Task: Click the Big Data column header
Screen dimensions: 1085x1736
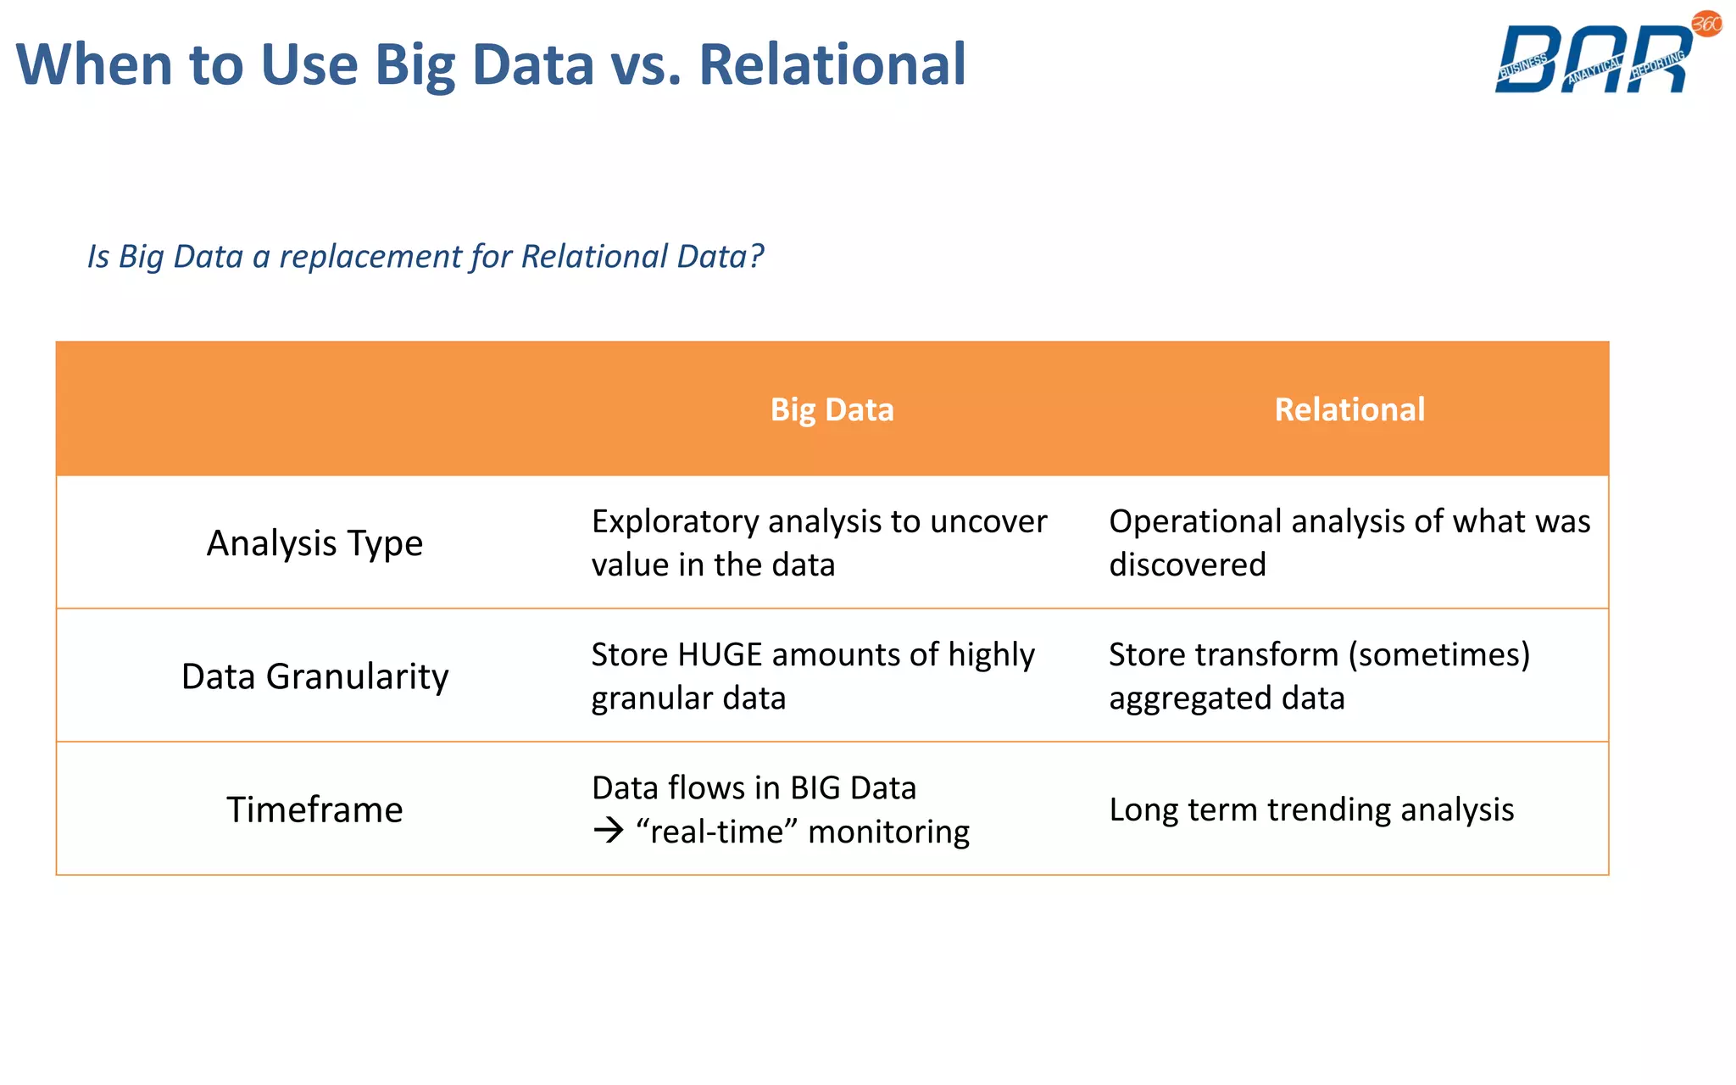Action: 832,409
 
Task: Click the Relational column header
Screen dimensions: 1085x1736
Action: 1349,409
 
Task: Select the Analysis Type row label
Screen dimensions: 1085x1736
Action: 314,543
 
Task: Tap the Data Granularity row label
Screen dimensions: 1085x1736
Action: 314,676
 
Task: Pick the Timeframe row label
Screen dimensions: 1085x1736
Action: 314,810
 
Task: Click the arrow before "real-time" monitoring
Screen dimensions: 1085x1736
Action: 608,831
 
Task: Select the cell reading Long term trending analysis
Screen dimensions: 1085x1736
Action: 1311,810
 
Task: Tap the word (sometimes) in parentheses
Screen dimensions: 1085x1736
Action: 1438,655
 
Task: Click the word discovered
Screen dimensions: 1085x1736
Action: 1187,565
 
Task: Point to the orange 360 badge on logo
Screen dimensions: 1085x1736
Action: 1706,24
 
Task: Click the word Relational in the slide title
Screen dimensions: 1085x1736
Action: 832,65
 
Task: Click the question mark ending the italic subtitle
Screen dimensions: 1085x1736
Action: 756,256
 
